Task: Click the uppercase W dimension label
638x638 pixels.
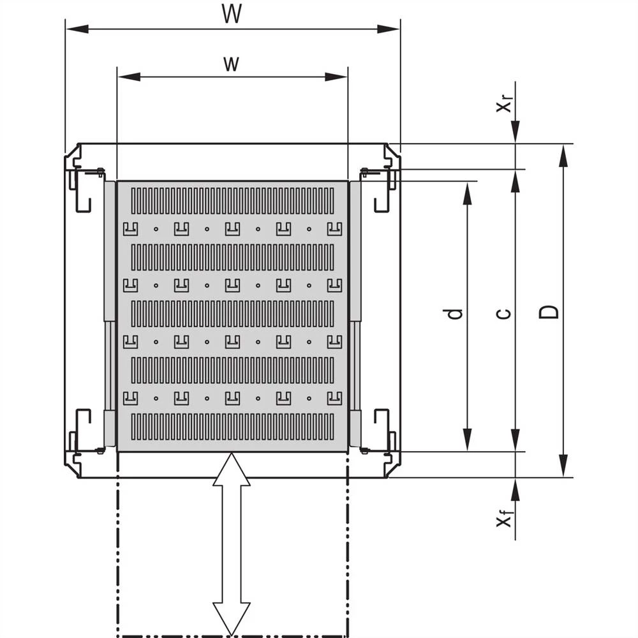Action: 232,14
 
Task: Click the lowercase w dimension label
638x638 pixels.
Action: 232,63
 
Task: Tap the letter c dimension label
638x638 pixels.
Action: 503,313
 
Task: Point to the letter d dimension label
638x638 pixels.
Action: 454,313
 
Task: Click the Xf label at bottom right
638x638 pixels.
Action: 505,519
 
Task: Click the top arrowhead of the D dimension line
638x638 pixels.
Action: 563,156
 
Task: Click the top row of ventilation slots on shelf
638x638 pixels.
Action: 232,201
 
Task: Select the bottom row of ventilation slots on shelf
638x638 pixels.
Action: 232,427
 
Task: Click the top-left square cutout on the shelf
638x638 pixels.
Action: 130,228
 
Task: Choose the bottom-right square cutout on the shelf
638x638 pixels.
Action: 334,399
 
